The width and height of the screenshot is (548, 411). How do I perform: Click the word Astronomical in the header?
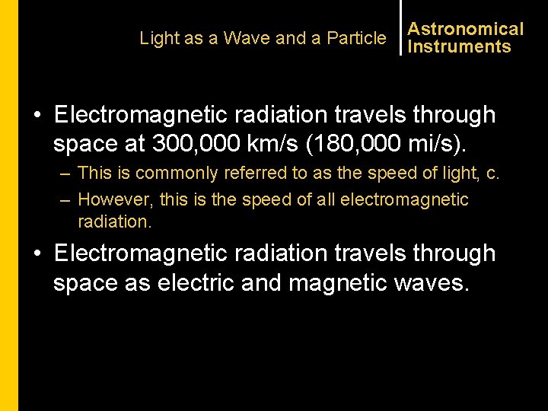465,29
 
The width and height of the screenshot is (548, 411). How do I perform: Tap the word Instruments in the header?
459,46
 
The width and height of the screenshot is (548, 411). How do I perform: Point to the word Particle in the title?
356,38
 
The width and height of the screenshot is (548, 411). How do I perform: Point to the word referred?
256,174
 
